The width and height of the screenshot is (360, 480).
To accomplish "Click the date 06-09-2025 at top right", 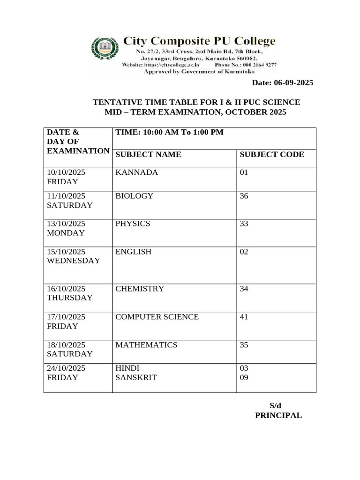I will [x=283, y=83].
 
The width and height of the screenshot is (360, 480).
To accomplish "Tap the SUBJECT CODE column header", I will [x=272, y=155].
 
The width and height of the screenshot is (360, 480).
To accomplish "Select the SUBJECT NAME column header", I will [x=148, y=155].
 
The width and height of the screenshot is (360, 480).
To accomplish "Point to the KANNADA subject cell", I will [x=136, y=172].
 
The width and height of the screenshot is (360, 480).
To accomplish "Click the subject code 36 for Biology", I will [x=244, y=196].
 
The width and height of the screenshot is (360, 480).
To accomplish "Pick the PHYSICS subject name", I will [x=133, y=224].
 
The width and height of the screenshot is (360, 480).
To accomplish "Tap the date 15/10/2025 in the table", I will [x=66, y=252].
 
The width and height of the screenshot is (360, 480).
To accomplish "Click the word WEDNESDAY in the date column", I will [x=74, y=261].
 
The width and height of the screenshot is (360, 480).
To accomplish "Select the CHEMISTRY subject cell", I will [x=140, y=289].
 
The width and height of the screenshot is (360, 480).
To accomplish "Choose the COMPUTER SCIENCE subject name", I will [x=157, y=317].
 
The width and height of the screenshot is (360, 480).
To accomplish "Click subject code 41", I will [x=244, y=317].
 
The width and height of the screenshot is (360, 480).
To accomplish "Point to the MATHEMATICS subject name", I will [x=146, y=345].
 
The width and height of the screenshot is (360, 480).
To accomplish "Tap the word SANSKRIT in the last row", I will [x=136, y=377].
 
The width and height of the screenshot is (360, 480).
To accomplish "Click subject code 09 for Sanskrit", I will [x=244, y=377].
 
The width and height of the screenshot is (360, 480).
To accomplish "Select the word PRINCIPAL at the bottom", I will [x=278, y=415].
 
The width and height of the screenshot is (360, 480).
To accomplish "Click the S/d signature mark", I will [x=276, y=406].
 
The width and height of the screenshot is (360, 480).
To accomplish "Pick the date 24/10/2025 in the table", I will [x=66, y=368].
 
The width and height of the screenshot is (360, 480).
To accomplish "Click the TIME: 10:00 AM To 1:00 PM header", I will [x=169, y=133].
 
